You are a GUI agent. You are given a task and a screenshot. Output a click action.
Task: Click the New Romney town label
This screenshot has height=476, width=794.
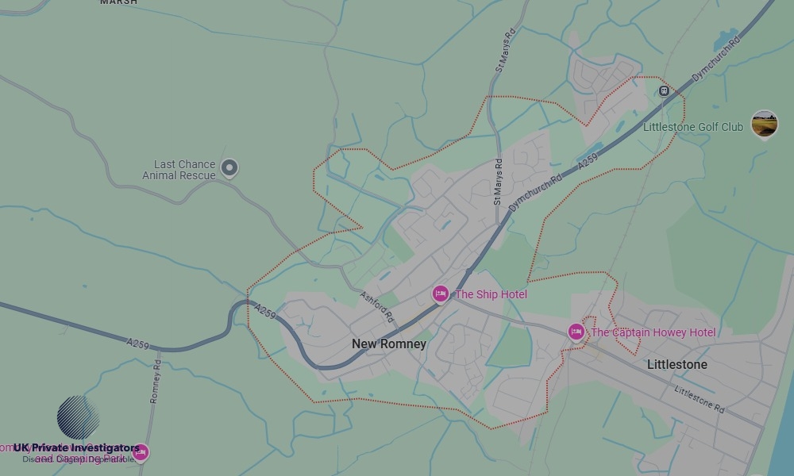tap(389, 344)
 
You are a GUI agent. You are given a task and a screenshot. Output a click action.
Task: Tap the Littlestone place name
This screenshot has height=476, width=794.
tap(677, 365)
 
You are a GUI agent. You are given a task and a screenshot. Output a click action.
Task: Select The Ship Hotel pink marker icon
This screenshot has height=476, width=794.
tap(441, 294)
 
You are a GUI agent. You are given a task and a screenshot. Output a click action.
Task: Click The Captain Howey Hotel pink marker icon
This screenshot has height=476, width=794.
tap(576, 332)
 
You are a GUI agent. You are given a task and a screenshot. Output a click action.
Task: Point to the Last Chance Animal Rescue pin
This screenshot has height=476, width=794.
tap(229, 167)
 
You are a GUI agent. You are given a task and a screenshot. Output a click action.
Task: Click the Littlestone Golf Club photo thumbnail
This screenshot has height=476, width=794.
tap(765, 124)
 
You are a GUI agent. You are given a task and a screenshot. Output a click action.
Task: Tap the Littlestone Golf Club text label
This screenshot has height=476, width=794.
tap(693, 127)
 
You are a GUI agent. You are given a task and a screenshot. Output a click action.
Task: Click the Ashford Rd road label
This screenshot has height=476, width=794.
tap(376, 306)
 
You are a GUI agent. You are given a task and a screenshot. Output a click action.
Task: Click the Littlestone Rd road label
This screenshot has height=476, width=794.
tap(700, 399)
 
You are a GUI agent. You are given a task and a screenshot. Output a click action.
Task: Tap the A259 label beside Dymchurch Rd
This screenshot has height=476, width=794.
tap(588, 161)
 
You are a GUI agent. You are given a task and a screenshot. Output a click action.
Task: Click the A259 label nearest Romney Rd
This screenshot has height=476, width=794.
tap(137, 344)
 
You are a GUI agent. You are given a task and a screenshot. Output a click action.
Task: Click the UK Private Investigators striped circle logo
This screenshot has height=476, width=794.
tap(78, 417)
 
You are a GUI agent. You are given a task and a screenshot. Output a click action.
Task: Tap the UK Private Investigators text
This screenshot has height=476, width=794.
tap(76, 448)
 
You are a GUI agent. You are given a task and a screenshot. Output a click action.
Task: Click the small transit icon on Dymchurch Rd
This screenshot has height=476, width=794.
tap(664, 91)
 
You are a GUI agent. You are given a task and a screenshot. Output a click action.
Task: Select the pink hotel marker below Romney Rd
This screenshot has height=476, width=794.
tap(141, 453)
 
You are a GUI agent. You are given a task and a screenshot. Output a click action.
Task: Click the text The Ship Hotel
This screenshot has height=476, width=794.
tap(491, 294)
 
